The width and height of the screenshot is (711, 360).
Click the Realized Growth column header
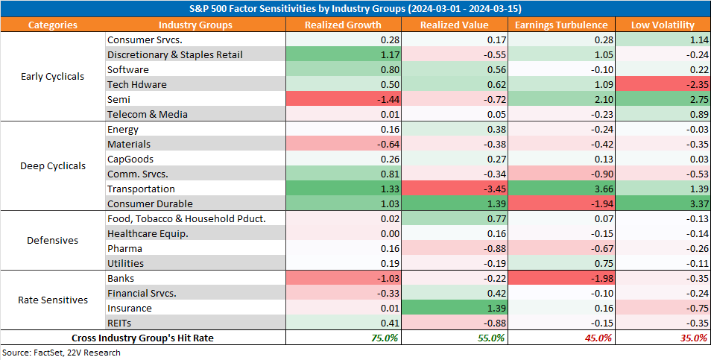(x=343, y=25)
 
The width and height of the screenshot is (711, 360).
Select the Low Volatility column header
(x=663, y=25)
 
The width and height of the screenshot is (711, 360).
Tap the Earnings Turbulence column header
(x=561, y=25)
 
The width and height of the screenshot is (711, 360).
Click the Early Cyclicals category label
(x=53, y=76)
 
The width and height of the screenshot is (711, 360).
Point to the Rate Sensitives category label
(x=53, y=300)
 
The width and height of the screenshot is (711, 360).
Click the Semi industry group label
(x=118, y=99)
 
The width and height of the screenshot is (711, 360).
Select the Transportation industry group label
(x=141, y=189)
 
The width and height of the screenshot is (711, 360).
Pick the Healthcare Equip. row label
(x=148, y=234)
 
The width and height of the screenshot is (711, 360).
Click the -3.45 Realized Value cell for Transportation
(x=455, y=189)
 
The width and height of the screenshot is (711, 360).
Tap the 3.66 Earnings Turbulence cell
(x=561, y=189)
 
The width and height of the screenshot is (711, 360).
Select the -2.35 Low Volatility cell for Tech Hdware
(x=663, y=84)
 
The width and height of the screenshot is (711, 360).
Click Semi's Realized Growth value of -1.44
(x=344, y=99)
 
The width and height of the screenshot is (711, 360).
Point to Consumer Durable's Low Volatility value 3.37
(x=663, y=204)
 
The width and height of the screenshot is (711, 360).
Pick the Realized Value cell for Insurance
(x=455, y=309)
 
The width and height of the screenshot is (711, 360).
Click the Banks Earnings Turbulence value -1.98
(x=561, y=279)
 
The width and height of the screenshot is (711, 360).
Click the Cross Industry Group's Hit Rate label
(x=142, y=338)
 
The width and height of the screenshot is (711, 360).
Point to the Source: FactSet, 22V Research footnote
(x=61, y=353)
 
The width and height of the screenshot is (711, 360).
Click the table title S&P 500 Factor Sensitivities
(x=355, y=9)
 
